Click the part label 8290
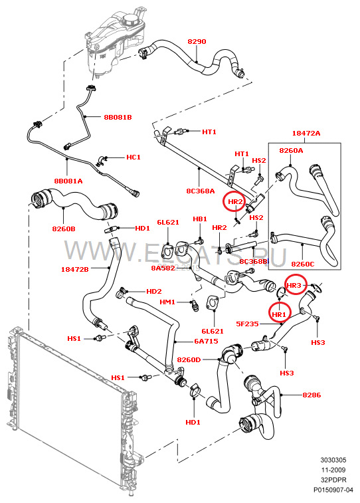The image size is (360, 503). point(197,41)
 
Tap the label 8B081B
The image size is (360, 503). point(118,117)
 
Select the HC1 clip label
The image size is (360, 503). point(134,157)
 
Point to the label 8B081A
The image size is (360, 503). point(68,181)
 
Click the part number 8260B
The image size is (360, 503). point(64,229)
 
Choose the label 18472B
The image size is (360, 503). point(74,270)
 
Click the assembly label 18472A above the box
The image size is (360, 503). point(306,133)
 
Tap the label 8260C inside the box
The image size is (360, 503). point(303,264)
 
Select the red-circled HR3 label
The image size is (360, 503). point(294,285)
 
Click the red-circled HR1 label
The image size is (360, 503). point(278,315)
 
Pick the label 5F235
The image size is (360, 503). point(247,324)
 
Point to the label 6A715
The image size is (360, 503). point(206,342)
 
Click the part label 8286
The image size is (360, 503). point(312,395)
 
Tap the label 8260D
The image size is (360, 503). point(189,360)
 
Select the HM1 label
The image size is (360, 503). point(167,302)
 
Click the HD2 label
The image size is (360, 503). point(154,291)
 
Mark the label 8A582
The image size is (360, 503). point(163,268)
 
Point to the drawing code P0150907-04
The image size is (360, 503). point(333,490)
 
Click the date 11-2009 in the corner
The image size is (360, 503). point(333,470)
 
